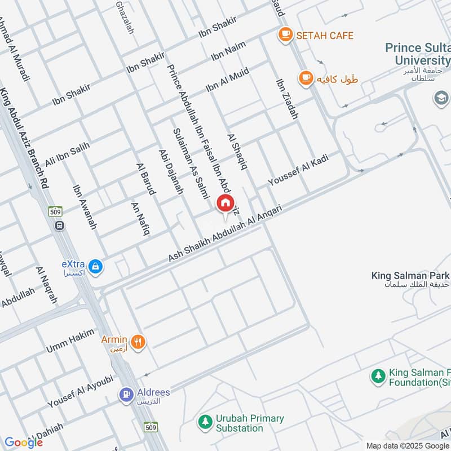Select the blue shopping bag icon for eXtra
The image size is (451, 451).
[x=96, y=265]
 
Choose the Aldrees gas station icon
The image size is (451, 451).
[x=126, y=395]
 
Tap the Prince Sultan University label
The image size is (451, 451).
[x=418, y=54]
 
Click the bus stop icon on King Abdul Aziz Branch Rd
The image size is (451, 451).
[x=59, y=225]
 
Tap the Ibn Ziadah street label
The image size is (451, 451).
[x=286, y=99]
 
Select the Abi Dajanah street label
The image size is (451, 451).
[x=171, y=171]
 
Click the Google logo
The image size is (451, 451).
[x=24, y=443]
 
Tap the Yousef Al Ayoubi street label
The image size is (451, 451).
[x=80, y=391]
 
